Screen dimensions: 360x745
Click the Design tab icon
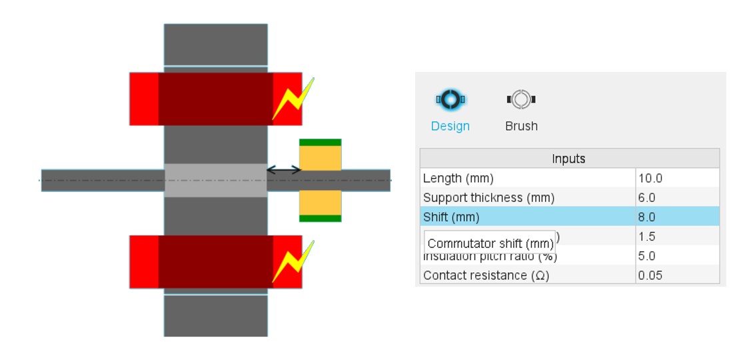pos(450,100)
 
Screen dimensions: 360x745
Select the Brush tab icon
pos(521,100)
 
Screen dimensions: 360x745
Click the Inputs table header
pos(569,159)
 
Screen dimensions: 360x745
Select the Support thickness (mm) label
pos(488,197)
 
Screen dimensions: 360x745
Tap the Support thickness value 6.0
pos(646,197)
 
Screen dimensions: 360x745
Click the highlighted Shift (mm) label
pos(451,217)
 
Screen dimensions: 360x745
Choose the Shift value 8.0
pos(646,217)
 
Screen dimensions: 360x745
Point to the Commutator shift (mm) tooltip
pos(490,243)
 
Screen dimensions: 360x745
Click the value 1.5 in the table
pos(646,236)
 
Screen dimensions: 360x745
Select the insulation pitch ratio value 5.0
pos(646,255)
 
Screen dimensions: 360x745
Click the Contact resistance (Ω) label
pos(486,275)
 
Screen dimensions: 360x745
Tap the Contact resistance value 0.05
pos(650,275)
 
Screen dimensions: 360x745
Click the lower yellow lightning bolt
pos(293,261)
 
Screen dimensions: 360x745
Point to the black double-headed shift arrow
pos(284,171)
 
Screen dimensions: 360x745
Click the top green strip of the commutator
pos(320,143)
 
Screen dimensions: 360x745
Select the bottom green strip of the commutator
pos(320,218)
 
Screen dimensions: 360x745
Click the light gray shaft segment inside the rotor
pos(215,180)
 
